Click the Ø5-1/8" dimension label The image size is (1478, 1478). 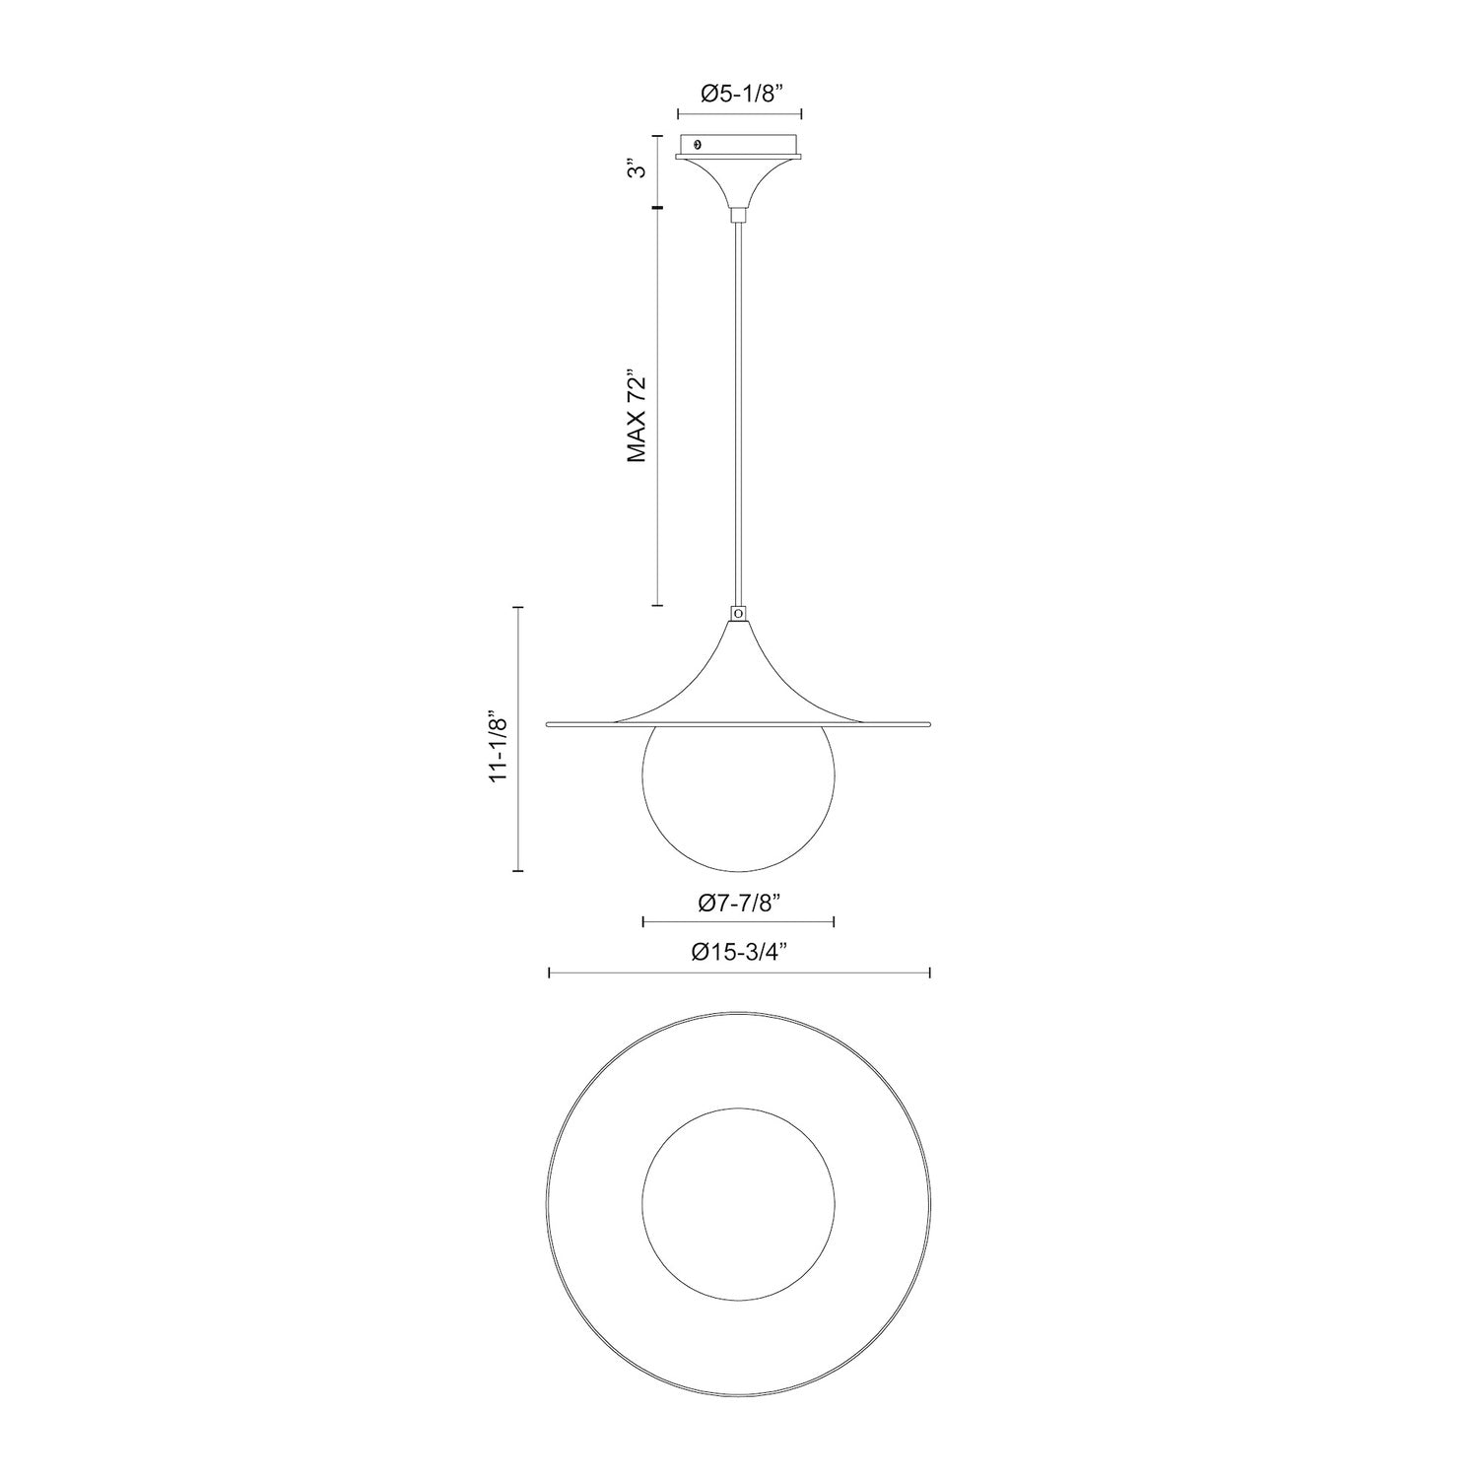click(x=740, y=94)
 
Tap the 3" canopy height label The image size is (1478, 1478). click(x=639, y=170)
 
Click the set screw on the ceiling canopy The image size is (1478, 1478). click(x=699, y=144)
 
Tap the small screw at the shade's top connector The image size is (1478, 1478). click(x=739, y=613)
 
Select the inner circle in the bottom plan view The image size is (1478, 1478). click(x=738, y=1204)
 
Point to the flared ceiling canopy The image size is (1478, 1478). click(x=739, y=177)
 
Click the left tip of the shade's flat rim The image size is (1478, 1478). click(x=549, y=724)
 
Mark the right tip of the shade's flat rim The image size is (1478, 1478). click(x=928, y=724)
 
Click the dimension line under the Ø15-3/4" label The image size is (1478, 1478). click(x=739, y=974)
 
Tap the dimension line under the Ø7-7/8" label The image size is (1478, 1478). click(x=738, y=922)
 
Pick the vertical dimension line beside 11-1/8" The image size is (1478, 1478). click(x=519, y=739)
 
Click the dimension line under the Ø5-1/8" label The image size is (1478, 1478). click(x=740, y=114)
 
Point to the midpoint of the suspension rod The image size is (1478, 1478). click(x=738, y=414)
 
